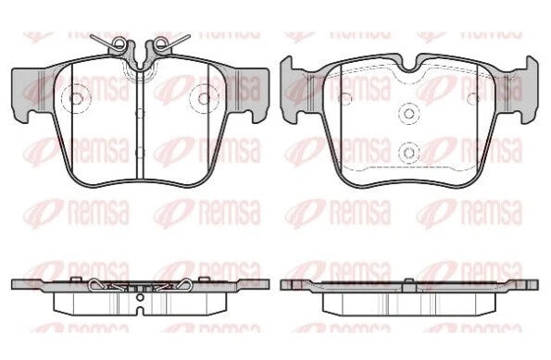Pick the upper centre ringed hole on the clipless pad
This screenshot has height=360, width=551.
(408, 114)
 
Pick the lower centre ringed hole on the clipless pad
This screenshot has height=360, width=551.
(408, 150)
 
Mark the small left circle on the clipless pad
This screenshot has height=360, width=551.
(344, 95)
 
